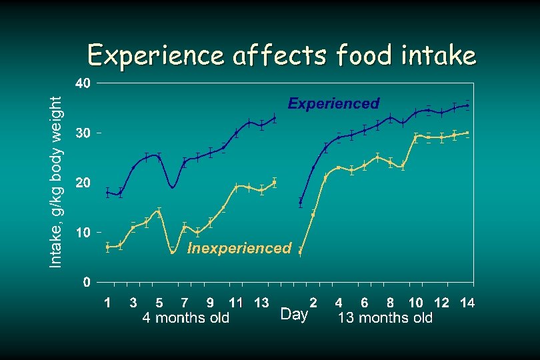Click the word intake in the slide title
pyautogui.click(x=440, y=55)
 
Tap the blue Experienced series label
pyautogui.click(x=333, y=103)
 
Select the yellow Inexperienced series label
pyautogui.click(x=239, y=249)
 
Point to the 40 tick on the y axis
pyautogui.click(x=83, y=84)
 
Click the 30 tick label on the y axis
pyautogui.click(x=83, y=133)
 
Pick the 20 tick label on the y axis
pyautogui.click(x=83, y=183)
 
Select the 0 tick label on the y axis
pyautogui.click(x=87, y=282)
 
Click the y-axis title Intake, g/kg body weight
pyautogui.click(x=57, y=181)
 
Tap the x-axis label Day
pyautogui.click(x=294, y=314)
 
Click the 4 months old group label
pyautogui.click(x=186, y=318)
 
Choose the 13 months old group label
pyautogui.click(x=385, y=318)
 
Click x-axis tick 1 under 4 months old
pyautogui.click(x=107, y=303)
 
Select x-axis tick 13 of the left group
pyautogui.click(x=262, y=303)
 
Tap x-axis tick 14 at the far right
pyautogui.click(x=467, y=303)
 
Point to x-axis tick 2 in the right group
pyautogui.click(x=313, y=303)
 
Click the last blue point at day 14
pyautogui.click(x=467, y=105)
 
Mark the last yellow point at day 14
pyautogui.click(x=467, y=133)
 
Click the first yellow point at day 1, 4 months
pyautogui.click(x=107, y=247)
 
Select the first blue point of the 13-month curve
pyautogui.click(x=301, y=201)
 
